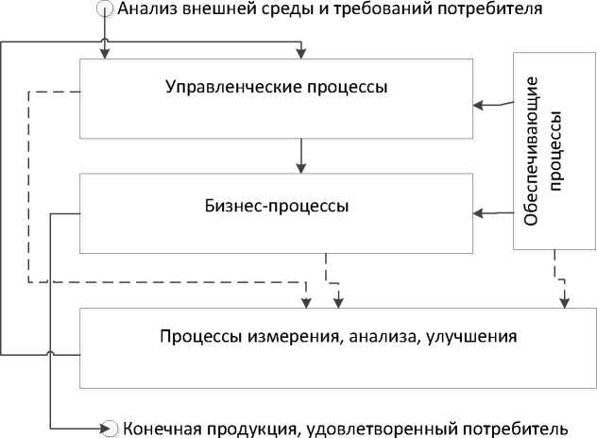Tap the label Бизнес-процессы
[277, 206]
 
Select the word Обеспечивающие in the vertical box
[531, 151]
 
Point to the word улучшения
[471, 337]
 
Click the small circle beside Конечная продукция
[111, 429]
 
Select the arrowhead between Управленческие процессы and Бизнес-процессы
[301, 169]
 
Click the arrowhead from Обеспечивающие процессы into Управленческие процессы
[478, 105]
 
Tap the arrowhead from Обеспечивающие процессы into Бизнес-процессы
[478, 213]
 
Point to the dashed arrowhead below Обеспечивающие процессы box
[564, 303]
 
